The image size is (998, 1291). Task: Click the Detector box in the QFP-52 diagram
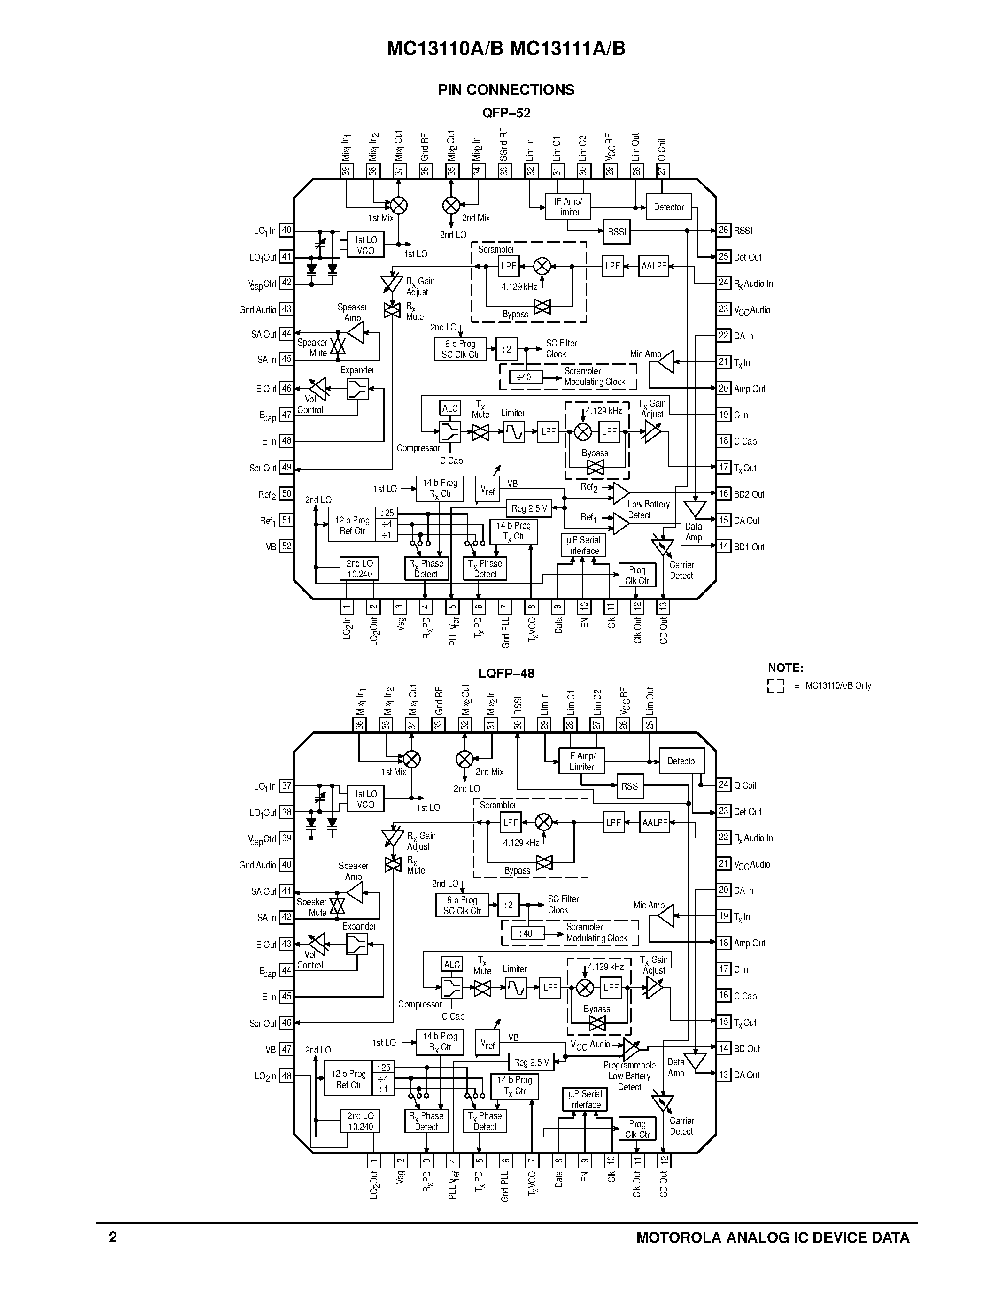pyautogui.click(x=669, y=207)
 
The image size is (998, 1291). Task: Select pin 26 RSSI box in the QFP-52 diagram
pyautogui.click(x=724, y=230)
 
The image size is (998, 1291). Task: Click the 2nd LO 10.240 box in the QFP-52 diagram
pyautogui.click(x=359, y=569)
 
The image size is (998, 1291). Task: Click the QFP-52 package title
pyautogui.click(x=506, y=113)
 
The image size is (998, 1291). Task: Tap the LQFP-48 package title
pyautogui.click(x=506, y=673)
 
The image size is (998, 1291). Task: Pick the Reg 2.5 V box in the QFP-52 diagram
pyautogui.click(x=529, y=508)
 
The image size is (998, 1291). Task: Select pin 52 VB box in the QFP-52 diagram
pyautogui.click(x=286, y=546)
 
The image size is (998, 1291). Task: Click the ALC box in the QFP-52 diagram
pyautogui.click(x=450, y=408)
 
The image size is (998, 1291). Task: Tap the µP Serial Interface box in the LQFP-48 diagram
pyautogui.click(x=585, y=1099)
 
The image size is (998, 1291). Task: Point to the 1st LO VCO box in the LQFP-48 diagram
pyautogui.click(x=365, y=799)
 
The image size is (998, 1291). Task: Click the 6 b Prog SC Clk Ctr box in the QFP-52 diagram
pyautogui.click(x=460, y=349)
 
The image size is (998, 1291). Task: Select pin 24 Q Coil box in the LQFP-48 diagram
pyautogui.click(x=724, y=785)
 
